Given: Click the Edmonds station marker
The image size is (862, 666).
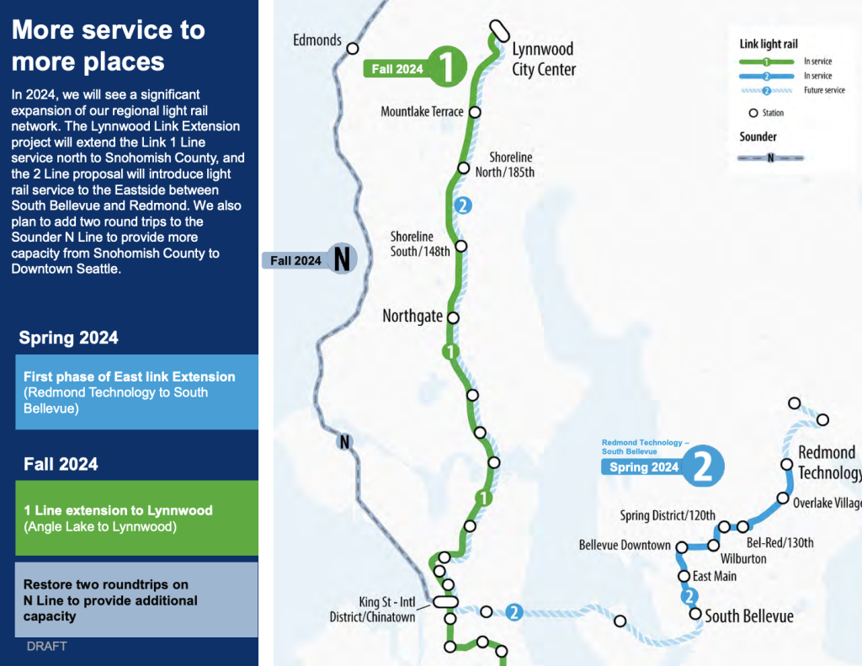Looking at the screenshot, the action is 353,48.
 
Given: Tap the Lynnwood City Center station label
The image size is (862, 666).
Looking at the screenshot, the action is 544,60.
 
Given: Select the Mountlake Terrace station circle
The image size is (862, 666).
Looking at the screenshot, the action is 475,112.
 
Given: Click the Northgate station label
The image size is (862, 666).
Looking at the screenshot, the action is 412,317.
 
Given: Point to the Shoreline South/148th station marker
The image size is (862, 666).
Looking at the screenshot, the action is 461,246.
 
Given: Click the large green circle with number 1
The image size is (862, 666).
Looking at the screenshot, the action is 447,67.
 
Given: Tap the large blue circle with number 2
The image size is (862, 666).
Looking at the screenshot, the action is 703,466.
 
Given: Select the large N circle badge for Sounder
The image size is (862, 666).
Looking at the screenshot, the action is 342,258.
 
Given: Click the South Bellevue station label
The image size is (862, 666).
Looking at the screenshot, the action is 748,616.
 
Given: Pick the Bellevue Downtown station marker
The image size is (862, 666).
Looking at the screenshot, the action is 682,547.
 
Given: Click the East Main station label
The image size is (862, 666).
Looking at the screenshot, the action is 714,577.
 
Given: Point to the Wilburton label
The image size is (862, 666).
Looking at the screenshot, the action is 743,559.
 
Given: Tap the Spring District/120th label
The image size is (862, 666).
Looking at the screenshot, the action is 668,516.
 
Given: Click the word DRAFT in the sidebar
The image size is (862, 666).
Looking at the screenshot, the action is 47,646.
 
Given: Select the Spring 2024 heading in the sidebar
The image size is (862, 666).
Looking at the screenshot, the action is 69,338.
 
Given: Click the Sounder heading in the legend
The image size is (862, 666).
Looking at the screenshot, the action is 758,136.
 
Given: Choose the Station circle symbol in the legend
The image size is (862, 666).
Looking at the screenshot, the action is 753,113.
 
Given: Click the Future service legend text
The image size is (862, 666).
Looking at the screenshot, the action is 824,90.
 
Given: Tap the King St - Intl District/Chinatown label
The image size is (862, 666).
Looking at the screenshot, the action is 372,610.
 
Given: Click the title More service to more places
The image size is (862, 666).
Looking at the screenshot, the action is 109,45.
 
